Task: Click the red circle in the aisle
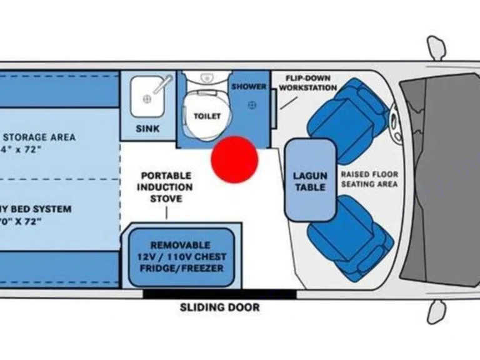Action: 234,159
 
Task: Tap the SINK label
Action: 147,129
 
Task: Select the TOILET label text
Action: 207,116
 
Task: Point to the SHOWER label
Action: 249,87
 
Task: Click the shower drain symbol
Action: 252,104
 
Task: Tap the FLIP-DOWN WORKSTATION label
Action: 308,83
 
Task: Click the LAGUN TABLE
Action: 310,180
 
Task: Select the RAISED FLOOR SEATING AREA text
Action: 369,179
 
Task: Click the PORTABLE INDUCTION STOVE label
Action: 166,187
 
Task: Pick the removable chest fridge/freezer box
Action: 181,256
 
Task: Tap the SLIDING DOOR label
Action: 219,307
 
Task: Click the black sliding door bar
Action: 219,294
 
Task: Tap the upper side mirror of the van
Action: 436,47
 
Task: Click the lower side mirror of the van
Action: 436,311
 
